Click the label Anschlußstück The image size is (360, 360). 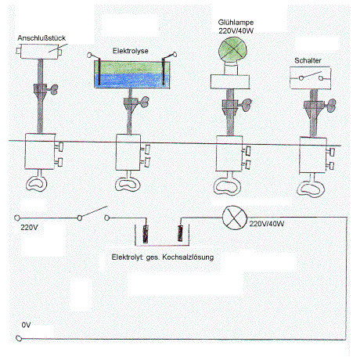pos(41,38)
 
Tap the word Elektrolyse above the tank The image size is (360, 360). pos(131,51)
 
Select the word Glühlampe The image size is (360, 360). pos(236,23)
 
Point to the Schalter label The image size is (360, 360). pos(308,60)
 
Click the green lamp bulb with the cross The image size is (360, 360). pos(232,50)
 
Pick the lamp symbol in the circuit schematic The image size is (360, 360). pos(235,218)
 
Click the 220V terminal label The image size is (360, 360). pos(29,228)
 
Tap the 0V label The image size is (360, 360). pos(26,325)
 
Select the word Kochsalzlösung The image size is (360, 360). pos(188,257)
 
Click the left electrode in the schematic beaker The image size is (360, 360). pos(146,234)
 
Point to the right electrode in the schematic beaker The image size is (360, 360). pos(180,233)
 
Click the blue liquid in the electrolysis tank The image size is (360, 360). pos(132,81)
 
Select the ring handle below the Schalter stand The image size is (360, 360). pos(311,189)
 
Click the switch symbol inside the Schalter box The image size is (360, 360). pos(311,76)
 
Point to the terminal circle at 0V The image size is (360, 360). pos(19,338)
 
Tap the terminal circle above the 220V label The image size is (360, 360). pos(17,218)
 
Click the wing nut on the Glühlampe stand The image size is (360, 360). pos(246,105)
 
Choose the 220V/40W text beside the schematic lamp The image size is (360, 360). pos(267,224)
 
